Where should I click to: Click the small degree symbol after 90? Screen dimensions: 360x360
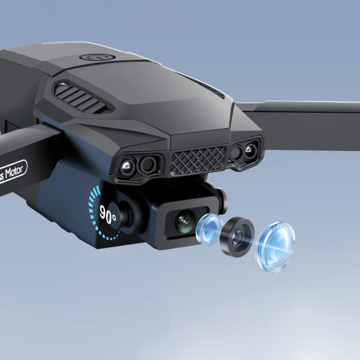point(115,211)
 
